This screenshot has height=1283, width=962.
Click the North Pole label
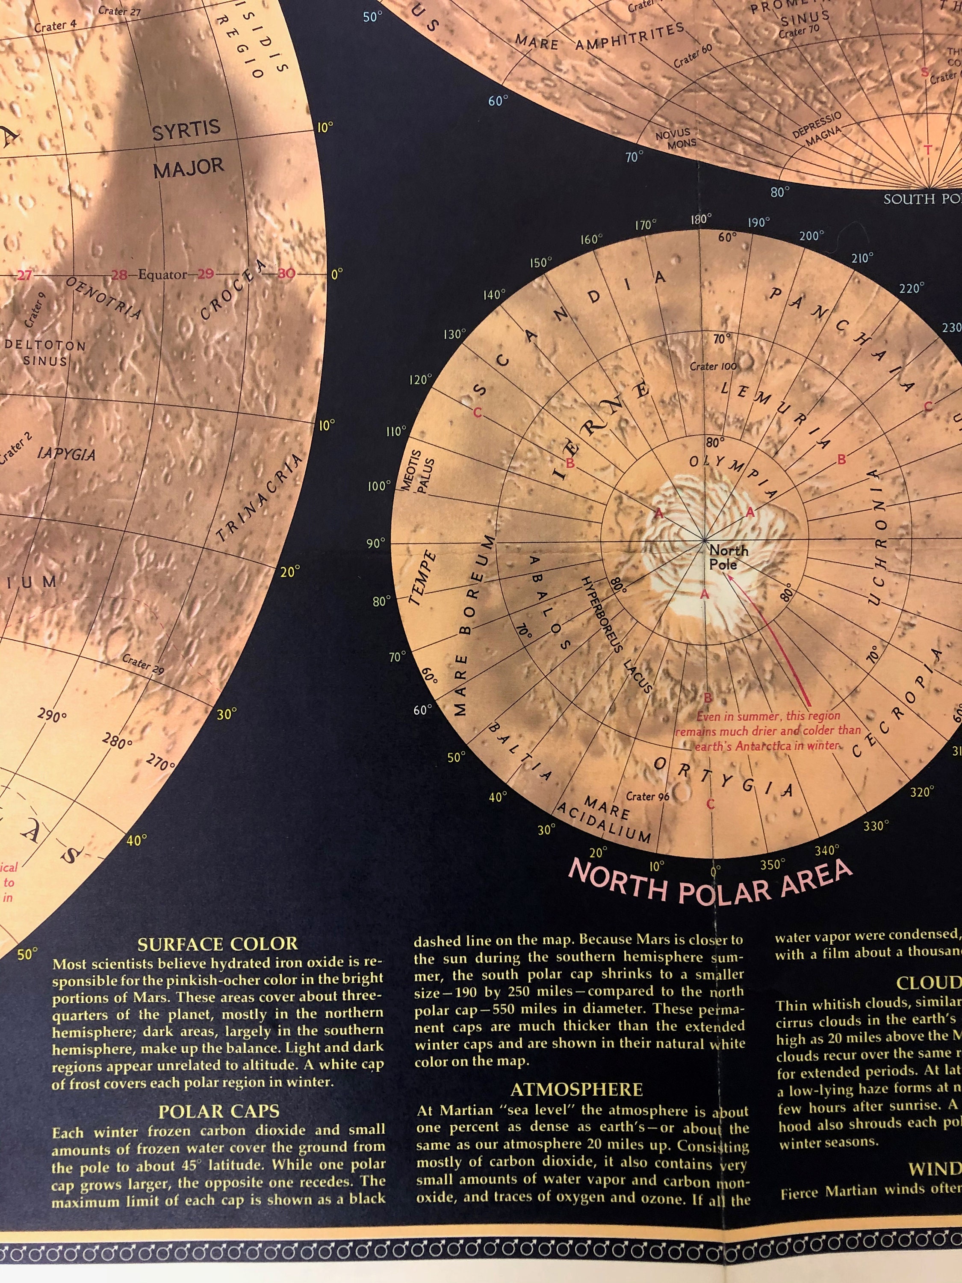(728, 557)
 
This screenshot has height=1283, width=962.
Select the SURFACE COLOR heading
(218, 944)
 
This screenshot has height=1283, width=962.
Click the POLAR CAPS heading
(218, 1112)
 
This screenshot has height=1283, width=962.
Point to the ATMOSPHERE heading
(576, 1090)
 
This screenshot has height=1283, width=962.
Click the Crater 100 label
(713, 367)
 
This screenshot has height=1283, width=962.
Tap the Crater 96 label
(647, 797)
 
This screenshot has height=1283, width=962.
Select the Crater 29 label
(143, 664)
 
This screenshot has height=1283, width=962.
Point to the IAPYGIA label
(66, 454)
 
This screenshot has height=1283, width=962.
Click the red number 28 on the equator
(119, 275)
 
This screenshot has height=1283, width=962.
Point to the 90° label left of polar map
(376, 544)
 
